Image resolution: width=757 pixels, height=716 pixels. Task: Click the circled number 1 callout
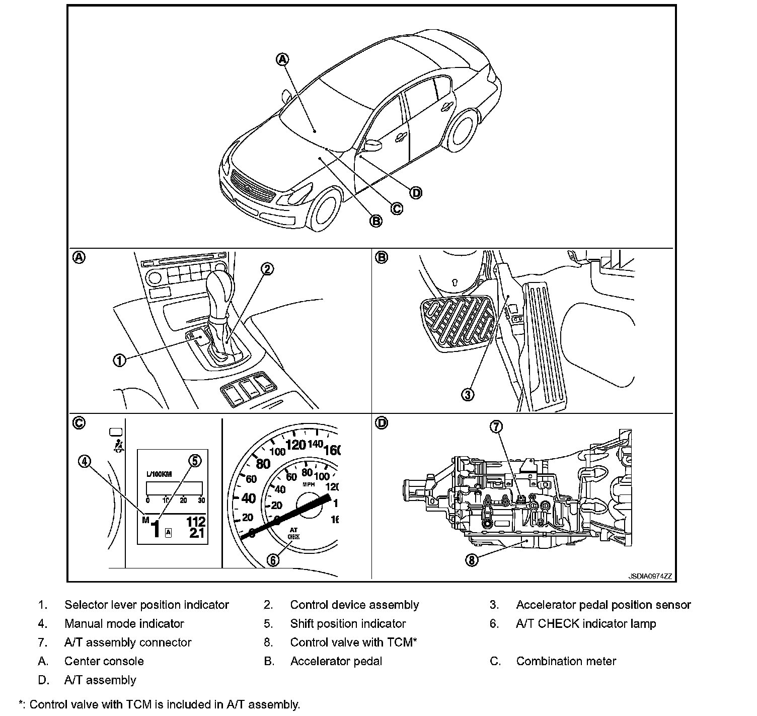(119, 361)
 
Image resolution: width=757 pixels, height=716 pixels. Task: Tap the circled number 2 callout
(267, 269)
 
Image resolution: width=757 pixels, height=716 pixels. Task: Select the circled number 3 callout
(468, 394)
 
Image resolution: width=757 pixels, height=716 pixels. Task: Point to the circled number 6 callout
(273, 559)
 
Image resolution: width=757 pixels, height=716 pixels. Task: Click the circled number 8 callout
(472, 559)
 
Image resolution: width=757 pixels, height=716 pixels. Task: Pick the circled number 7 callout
(496, 427)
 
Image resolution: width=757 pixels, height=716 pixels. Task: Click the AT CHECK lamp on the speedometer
(293, 534)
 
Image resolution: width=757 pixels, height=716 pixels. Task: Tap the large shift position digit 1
(156, 529)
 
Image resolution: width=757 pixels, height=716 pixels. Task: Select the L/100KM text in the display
(159, 474)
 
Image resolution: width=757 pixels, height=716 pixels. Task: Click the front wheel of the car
(324, 211)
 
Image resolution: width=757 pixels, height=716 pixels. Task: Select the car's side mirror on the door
(372, 146)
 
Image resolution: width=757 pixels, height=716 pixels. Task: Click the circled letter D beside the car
(416, 192)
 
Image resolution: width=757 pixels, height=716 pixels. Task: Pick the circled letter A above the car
(282, 59)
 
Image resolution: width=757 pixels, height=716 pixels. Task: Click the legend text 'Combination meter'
(566, 661)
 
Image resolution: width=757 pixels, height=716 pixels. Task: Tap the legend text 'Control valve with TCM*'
(353, 642)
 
